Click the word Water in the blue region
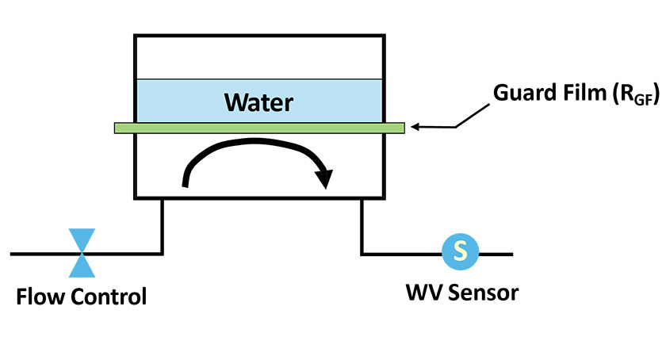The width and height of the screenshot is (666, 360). tap(258, 102)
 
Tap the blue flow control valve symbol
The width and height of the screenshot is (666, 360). tap(82, 253)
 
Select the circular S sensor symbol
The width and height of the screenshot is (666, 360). tap(460, 253)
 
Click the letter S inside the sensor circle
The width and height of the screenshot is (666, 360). tap(460, 253)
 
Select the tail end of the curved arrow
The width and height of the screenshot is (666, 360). tap(186, 185)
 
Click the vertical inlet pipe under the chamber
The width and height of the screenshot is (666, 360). tap(163, 226)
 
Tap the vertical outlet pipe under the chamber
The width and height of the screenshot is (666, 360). tap(362, 226)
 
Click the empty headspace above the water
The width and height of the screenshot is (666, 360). tap(258, 58)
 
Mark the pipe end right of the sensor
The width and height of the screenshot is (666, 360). tap(511, 254)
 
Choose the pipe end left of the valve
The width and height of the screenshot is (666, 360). tap(13, 254)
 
